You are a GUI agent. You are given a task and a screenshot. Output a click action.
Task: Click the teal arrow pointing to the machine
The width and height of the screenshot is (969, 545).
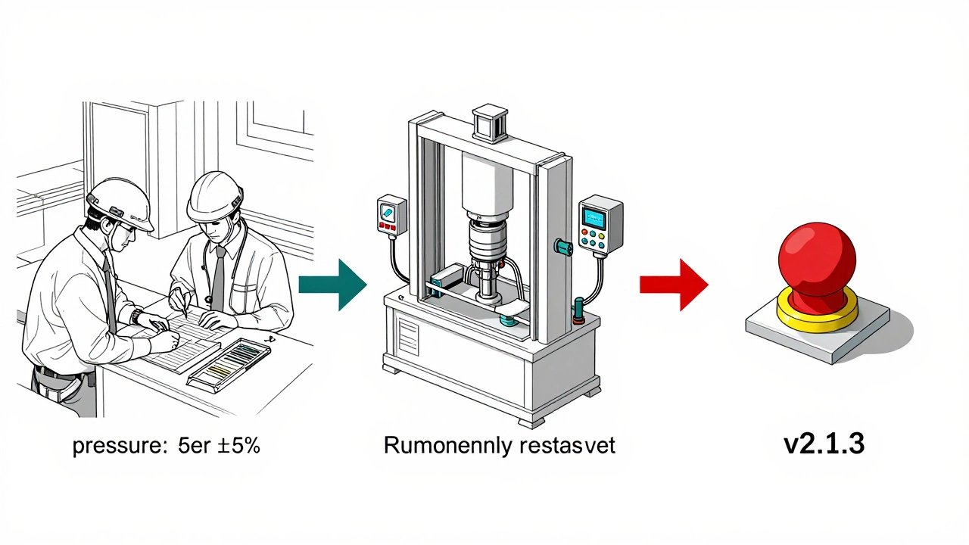tap(333, 285)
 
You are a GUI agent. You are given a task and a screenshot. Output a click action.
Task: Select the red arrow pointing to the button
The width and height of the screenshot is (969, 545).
tap(675, 285)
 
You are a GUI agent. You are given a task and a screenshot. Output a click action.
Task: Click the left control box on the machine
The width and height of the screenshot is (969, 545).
tap(391, 216)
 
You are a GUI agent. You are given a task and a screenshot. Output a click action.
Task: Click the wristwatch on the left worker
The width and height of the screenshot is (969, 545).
tap(135, 316)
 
